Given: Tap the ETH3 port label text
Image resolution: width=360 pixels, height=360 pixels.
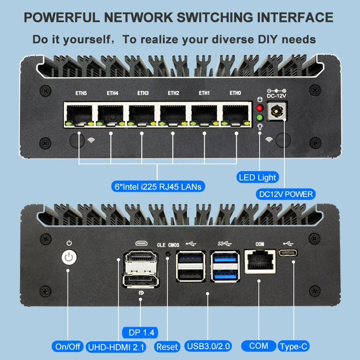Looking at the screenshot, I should [143, 93].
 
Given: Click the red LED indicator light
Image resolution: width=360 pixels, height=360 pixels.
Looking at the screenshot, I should [260, 108].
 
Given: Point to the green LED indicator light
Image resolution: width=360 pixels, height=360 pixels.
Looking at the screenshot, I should [260, 118].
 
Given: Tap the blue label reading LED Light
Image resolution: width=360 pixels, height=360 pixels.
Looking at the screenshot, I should [257, 177].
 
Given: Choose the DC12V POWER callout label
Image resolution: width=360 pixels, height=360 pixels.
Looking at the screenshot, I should [286, 194].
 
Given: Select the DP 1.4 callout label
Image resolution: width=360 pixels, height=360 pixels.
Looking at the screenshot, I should [141, 333].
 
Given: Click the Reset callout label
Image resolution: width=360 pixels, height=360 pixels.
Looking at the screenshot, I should [167, 346].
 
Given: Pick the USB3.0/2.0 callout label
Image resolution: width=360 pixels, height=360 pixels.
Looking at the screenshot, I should [208, 346].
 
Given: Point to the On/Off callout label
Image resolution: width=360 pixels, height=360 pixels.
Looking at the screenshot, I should [68, 346].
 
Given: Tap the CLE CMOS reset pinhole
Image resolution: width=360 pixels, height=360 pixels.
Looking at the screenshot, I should [168, 254].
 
